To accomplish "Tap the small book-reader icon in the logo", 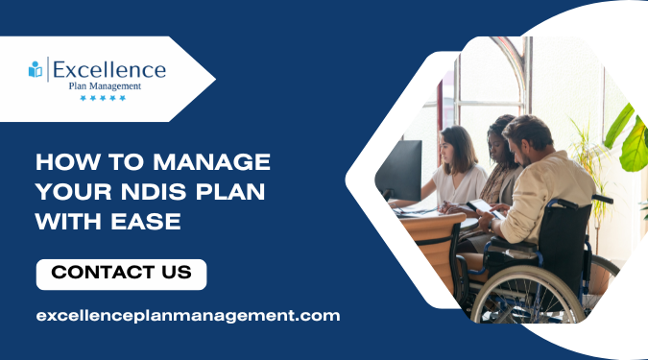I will [x=36, y=69].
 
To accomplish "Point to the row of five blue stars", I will [x=103, y=98].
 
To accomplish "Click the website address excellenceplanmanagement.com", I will [x=188, y=315].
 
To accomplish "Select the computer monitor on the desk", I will [x=400, y=168].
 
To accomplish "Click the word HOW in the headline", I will [x=60, y=159].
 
